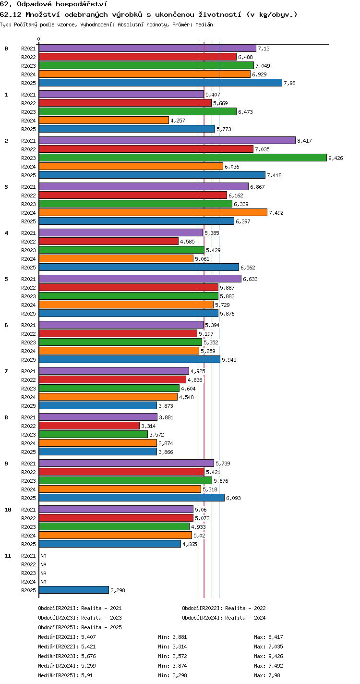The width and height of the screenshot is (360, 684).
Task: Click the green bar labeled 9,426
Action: pyautogui.click(x=183, y=158)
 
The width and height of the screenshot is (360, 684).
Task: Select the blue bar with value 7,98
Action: pyautogui.click(x=160, y=83)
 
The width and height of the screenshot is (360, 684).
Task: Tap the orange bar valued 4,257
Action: pyautogui.click(x=104, y=120)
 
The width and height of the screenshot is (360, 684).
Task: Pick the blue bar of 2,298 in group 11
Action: pyautogui.click(x=74, y=590)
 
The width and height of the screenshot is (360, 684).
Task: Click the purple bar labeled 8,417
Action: pyautogui.click(x=167, y=140)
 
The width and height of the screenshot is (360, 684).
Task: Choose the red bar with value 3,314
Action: pyautogui.click(x=89, y=426)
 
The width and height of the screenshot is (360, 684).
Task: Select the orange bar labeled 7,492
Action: pyautogui.click(x=153, y=212)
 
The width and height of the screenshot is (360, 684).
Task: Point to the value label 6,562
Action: pyautogui.click(x=248, y=268)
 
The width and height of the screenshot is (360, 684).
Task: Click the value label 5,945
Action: pyautogui.click(x=229, y=360)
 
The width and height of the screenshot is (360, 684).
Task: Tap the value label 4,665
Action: pyautogui.click(x=190, y=544)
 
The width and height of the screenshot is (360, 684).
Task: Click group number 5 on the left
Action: pyautogui.click(x=6, y=279)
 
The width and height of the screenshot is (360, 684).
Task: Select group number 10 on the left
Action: pyautogui.click(x=8, y=510)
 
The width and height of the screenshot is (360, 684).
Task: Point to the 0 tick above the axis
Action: pyautogui.click(x=39, y=39)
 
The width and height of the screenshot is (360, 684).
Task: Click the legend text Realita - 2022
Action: pyautogui.click(x=245, y=608)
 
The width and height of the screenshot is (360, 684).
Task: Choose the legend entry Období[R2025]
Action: pyautogui.click(x=59, y=627)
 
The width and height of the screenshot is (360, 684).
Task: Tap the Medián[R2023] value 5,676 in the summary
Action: pyautogui.click(x=88, y=656)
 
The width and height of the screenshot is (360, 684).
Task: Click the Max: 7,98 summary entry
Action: pyautogui.click(x=267, y=675)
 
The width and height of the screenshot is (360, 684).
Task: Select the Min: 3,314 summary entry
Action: pyautogui.click(x=172, y=647)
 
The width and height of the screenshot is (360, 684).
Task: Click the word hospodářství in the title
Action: pyautogui.click(x=82, y=4)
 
